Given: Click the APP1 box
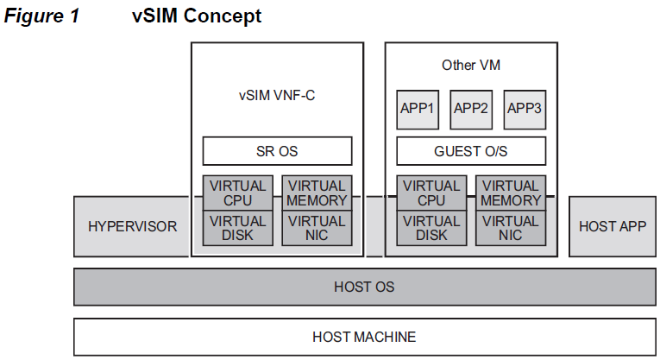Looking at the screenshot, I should point(418,109).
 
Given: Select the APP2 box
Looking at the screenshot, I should point(471,109).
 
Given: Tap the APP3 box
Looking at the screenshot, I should point(525,109).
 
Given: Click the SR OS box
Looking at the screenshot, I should point(277,151).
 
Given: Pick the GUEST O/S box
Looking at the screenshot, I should point(470,151).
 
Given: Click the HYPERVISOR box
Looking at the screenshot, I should point(132,226).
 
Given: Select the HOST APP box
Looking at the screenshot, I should point(612,226).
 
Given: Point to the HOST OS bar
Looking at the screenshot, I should point(363,287).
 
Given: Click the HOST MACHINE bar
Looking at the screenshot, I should point(363,337).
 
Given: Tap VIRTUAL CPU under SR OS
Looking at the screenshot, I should point(237,193).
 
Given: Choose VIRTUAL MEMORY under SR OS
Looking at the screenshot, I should point(317,193).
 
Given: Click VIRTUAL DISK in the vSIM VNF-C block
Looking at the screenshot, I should point(237,228).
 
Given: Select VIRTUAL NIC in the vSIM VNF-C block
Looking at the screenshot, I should point(317,228).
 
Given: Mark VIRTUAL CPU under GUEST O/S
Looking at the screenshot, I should point(431,193).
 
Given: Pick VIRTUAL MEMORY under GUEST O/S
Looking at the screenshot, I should point(511,193).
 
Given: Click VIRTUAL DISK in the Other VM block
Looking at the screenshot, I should point(431,228).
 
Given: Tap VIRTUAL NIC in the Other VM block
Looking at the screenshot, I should point(511,228).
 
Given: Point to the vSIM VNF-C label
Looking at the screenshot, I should point(277,96).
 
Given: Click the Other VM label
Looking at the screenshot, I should point(471,65).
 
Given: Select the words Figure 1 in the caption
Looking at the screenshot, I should point(41,16).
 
